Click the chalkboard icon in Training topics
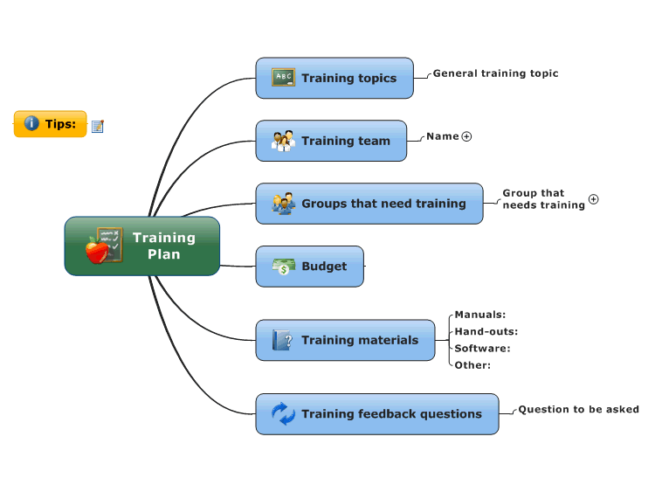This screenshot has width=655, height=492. click(283, 77)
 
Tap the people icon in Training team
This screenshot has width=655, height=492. click(283, 141)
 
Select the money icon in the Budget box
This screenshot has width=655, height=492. click(284, 267)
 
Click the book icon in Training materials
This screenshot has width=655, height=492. click(282, 340)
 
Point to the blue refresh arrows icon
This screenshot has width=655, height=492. click(283, 414)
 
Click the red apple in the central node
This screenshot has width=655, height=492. click(97, 250)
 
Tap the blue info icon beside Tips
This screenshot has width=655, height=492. click(31, 123)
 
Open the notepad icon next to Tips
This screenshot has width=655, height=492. click(98, 126)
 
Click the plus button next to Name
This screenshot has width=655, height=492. click(466, 136)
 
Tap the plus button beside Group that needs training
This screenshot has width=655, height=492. click(594, 199)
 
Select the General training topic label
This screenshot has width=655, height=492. click(495, 73)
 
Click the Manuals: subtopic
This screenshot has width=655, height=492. click(480, 315)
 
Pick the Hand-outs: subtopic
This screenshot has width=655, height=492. click(486, 331)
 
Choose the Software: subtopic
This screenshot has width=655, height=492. click(482, 348)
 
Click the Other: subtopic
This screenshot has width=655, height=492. click(472, 365)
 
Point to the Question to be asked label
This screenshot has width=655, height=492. click(578, 409)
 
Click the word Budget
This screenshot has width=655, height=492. click(324, 267)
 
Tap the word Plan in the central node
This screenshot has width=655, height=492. click(164, 254)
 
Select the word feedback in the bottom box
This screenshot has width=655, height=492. click(387, 414)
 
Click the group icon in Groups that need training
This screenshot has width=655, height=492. click(283, 204)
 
